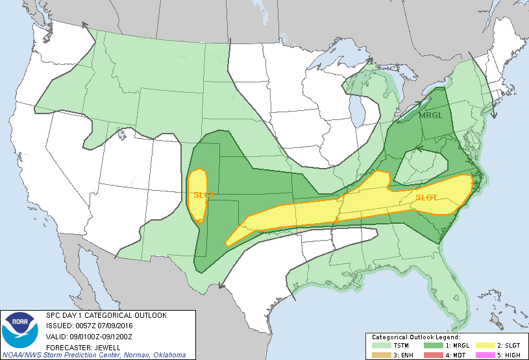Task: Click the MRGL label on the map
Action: (x=429, y=115)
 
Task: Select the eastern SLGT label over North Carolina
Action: (x=426, y=197)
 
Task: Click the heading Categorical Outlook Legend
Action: (x=415, y=337)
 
